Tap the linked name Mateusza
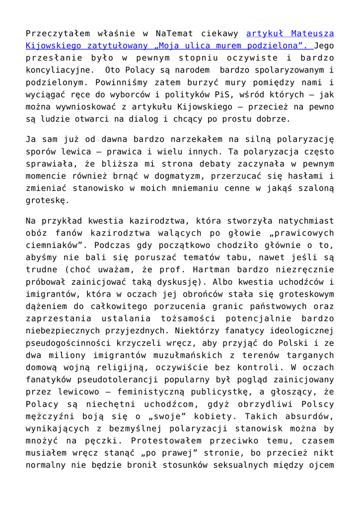pos(312,34)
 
